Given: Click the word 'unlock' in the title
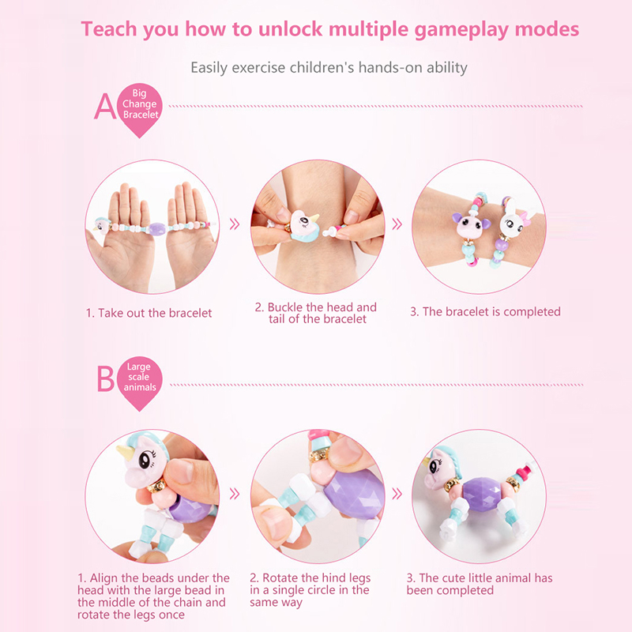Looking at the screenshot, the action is click(x=290, y=29).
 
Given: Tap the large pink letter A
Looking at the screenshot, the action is click(x=105, y=107).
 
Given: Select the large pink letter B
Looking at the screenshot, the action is click(x=106, y=378).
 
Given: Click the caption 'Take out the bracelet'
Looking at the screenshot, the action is click(x=149, y=313).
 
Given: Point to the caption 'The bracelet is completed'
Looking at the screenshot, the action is click(x=485, y=311).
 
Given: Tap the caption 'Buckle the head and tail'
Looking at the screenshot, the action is click(x=316, y=313).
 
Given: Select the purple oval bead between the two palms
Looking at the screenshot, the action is click(x=156, y=229).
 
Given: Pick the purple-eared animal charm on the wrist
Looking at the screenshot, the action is click(x=470, y=226).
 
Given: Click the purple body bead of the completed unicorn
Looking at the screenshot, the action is click(x=482, y=495).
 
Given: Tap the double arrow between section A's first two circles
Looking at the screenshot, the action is click(x=234, y=224).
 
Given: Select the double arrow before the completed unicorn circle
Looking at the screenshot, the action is click(x=397, y=494).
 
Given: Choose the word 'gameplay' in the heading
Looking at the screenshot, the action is click(x=461, y=30).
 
